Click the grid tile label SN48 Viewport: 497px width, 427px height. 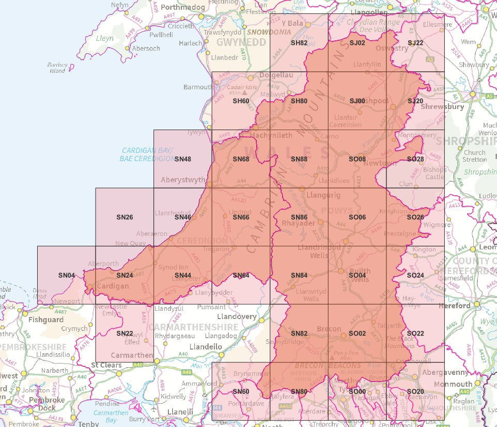point(183,159)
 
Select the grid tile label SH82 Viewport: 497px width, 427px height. point(299,43)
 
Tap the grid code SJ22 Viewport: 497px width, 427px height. point(415,43)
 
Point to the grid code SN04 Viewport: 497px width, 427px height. point(67,275)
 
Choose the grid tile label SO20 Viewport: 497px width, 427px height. point(415,391)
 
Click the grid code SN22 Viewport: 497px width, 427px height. point(125,334)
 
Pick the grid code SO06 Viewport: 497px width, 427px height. point(358,217)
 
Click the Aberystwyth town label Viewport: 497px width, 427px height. point(183,180)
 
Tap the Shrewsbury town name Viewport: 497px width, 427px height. point(443,107)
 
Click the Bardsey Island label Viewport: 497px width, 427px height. point(57,68)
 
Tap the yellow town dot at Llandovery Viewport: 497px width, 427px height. point(261,320)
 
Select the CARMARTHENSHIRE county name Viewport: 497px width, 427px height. point(193,327)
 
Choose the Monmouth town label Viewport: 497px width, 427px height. point(453,384)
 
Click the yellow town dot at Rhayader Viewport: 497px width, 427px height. point(320,222)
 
